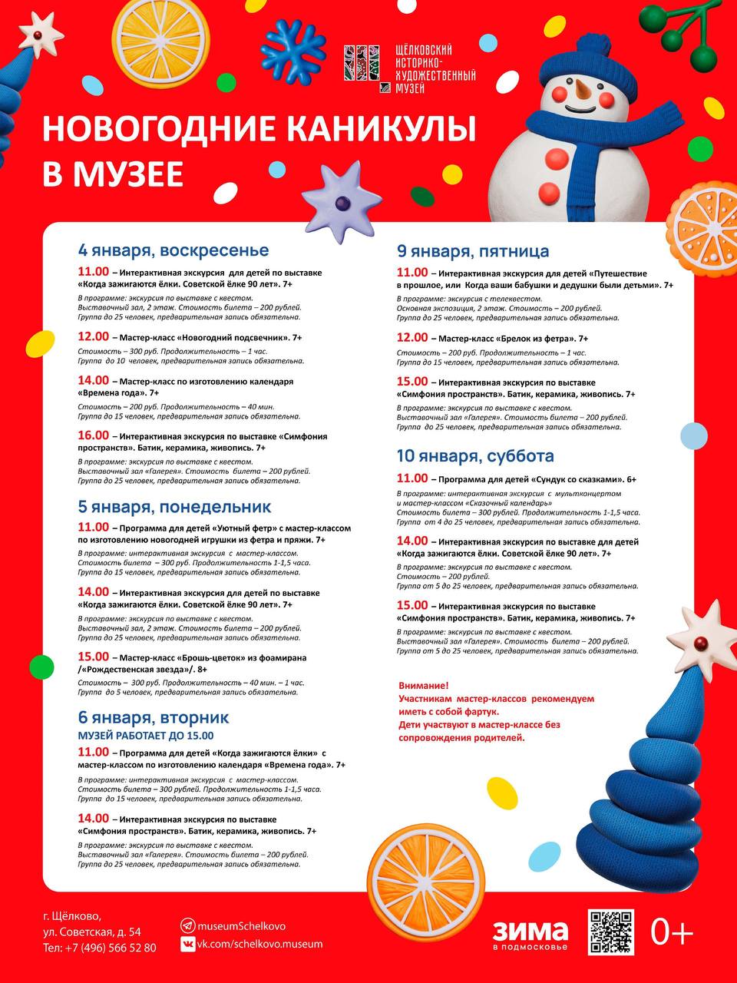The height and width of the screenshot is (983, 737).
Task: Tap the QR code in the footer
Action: click(x=611, y=932)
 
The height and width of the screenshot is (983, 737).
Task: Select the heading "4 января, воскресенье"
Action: click(x=174, y=250)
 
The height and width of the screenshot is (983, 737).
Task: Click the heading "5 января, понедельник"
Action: click(x=174, y=507)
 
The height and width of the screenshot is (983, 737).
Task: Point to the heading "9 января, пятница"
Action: click(x=473, y=251)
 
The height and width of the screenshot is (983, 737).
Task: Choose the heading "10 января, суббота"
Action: click(x=475, y=456)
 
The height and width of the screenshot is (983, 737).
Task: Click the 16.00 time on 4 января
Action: click(x=93, y=435)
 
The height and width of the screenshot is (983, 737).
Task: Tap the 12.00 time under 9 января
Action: click(x=412, y=337)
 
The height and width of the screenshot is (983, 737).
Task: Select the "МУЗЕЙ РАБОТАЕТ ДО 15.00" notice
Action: click(x=146, y=736)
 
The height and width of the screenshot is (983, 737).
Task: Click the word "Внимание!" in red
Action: click(x=424, y=686)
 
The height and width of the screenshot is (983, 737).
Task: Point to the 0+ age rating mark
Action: click(x=672, y=932)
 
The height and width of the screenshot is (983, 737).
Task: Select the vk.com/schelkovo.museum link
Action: click(x=259, y=944)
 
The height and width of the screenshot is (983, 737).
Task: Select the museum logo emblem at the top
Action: click(x=362, y=64)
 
